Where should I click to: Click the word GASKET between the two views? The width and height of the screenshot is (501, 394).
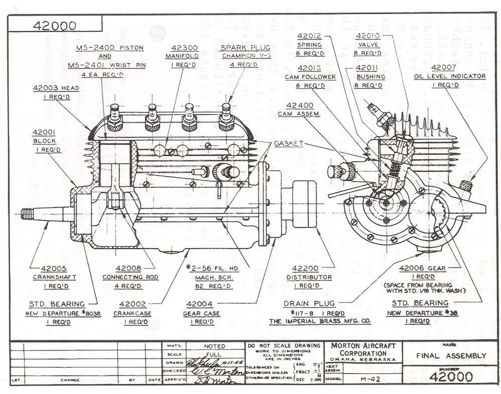tap(289, 144)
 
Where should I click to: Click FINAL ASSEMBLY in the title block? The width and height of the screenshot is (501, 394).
tap(451, 356)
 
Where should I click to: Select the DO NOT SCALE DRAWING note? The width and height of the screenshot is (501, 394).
tap(284, 345)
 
